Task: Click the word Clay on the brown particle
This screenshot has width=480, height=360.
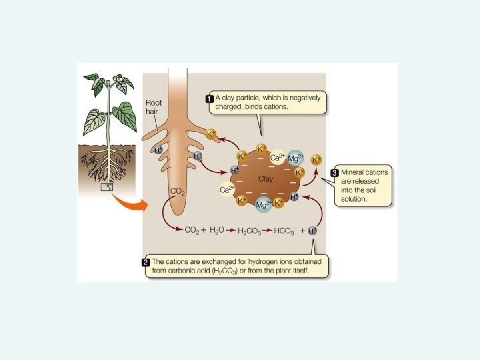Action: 265,180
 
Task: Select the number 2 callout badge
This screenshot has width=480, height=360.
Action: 147,262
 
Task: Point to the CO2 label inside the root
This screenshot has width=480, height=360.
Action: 178,192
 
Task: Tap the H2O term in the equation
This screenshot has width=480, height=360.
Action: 217,231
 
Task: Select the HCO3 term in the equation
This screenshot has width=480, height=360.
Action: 285,231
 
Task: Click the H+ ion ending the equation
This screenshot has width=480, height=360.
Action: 313,230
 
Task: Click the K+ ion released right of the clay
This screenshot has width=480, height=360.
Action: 317,159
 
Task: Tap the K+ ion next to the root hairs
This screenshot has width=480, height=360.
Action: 212,134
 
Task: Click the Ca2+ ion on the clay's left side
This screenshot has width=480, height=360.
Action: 226,189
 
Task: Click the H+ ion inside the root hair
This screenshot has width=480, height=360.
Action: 159,150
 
